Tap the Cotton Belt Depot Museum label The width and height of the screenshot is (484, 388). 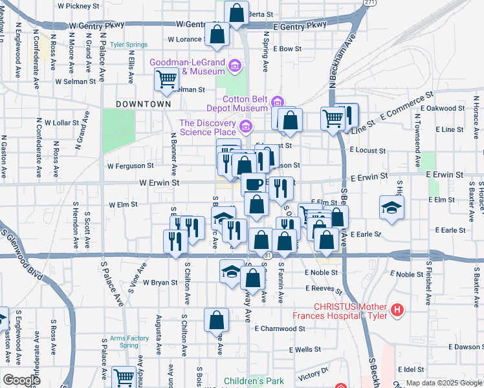(245, 103)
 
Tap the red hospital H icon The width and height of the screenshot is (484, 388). (397, 310)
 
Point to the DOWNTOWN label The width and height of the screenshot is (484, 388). (143, 103)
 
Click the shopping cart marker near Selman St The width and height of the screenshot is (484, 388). (166, 80)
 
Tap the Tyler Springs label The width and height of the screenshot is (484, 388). (129, 45)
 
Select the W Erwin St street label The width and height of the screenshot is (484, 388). (159, 183)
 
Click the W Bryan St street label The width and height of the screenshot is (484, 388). (160, 283)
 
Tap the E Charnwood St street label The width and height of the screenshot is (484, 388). (280, 329)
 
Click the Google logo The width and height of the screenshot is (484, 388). (21, 380)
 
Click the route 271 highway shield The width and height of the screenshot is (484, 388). (369, 3)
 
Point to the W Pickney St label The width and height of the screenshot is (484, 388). (80, 5)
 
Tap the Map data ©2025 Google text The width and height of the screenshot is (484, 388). (444, 383)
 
